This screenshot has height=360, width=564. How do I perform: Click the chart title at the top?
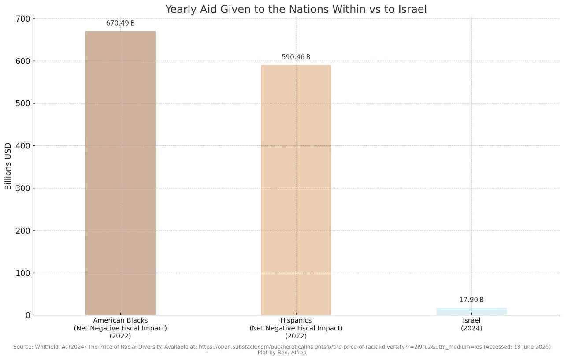[296, 9]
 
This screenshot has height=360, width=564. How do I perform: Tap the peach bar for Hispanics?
[296, 190]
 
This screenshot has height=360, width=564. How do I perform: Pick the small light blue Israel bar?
[471, 311]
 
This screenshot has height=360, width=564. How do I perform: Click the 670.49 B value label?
[120, 23]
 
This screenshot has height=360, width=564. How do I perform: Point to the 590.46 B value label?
[296, 57]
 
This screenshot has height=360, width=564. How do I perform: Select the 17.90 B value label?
[471, 300]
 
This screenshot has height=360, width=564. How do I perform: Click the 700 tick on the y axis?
[25, 19]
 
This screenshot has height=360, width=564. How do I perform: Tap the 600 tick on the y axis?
[25, 61]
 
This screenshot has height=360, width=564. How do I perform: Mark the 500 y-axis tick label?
[25, 104]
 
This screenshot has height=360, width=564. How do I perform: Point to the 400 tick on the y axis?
[25, 146]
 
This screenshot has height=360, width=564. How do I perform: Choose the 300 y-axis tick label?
[25, 188]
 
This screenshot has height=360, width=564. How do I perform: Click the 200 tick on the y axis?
[25, 230]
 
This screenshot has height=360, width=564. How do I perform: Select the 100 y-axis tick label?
[25, 273]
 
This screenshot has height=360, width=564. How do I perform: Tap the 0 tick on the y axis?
[28, 315]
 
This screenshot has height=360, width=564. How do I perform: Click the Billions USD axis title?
[8, 166]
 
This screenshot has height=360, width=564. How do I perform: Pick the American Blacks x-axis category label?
[120, 328]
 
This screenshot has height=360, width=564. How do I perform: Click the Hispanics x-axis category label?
[296, 328]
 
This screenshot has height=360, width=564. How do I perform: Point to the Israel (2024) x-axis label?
[471, 324]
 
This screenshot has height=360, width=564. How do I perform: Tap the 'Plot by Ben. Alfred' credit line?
[282, 353]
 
